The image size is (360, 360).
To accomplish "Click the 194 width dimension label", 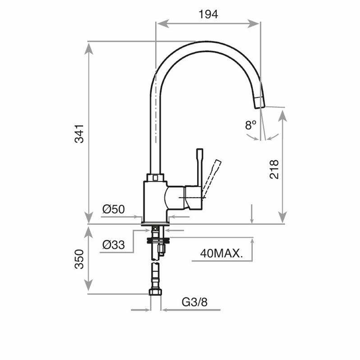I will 208,14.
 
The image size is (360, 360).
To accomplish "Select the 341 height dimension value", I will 79,133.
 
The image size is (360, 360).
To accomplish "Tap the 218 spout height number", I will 274,169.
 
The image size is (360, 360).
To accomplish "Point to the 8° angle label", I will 251,125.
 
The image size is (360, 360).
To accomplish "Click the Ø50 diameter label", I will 113,209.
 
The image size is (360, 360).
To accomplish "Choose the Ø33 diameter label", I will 113,245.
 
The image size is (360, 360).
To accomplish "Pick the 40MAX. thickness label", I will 221,254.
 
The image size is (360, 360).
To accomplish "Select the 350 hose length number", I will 79,259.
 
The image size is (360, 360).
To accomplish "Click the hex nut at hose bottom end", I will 155,293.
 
